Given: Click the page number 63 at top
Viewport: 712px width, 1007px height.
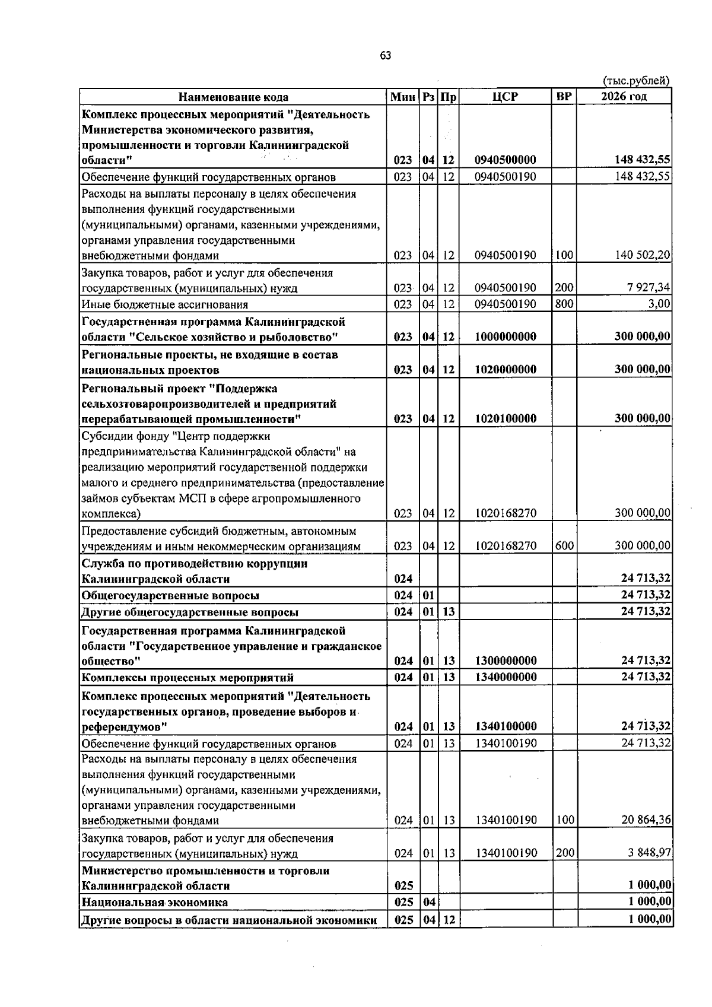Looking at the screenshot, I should click(385, 56).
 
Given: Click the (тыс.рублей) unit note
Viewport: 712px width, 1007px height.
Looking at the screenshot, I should click(636, 81).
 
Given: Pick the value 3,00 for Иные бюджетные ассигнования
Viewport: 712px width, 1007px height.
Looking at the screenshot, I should click(659, 304).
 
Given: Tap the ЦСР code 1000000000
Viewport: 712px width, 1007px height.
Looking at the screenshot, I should click(506, 336).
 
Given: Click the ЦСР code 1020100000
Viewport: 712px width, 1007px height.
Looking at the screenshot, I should click(506, 418).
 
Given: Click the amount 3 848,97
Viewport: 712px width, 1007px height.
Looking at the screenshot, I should click(650, 853).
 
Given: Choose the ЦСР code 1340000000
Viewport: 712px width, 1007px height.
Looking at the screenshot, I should click(506, 677).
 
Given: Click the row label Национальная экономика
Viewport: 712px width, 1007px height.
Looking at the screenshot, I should click(154, 902).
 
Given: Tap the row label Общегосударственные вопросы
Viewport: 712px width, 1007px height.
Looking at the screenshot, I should click(170, 595).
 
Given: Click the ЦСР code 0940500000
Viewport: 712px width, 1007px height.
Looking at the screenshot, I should click(506, 160).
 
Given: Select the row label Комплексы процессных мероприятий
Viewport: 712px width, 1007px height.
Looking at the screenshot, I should click(187, 678).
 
